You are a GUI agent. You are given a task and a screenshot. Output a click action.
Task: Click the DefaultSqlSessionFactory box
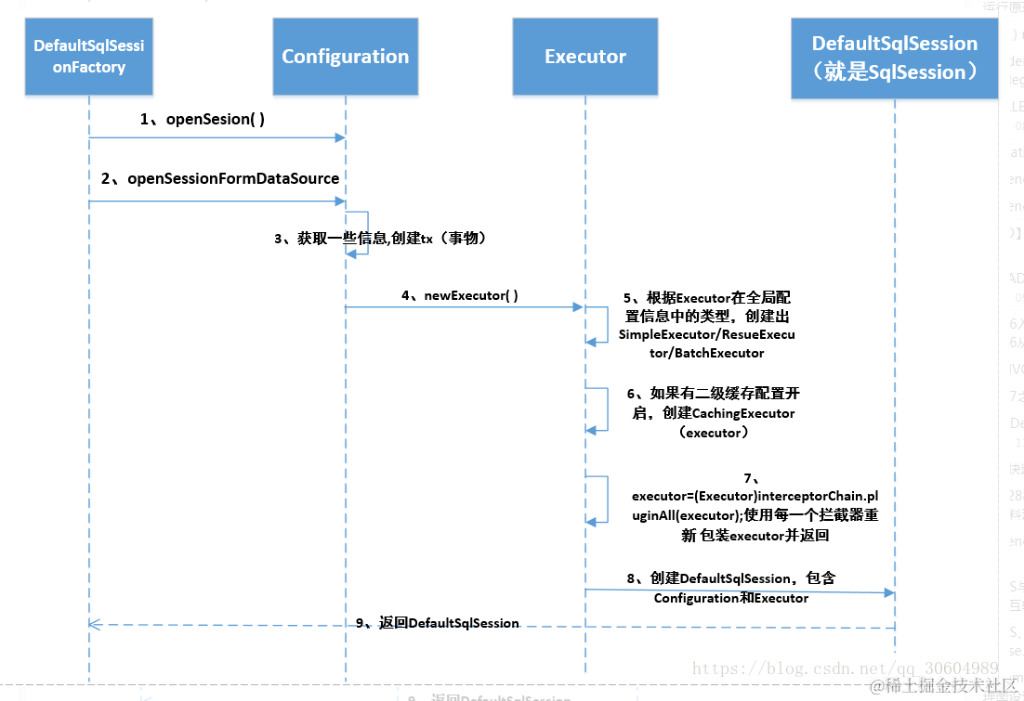pos(89,57)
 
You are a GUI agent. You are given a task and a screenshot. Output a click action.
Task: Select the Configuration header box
pos(345,57)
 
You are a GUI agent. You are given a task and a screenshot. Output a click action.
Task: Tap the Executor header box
pos(584,57)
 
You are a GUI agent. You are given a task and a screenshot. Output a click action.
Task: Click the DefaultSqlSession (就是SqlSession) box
pos(894,58)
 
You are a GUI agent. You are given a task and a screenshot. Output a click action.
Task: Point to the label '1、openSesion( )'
pos(202,119)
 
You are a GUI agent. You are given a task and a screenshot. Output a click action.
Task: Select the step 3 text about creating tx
pos(380,239)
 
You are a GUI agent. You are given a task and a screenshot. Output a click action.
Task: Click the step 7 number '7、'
pos(752,477)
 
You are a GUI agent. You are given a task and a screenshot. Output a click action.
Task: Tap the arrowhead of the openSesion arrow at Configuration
pos(340,137)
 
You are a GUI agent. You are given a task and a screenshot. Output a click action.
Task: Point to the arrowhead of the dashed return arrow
pos(93,624)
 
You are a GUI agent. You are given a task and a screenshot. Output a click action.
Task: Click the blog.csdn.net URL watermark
pos(845,668)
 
